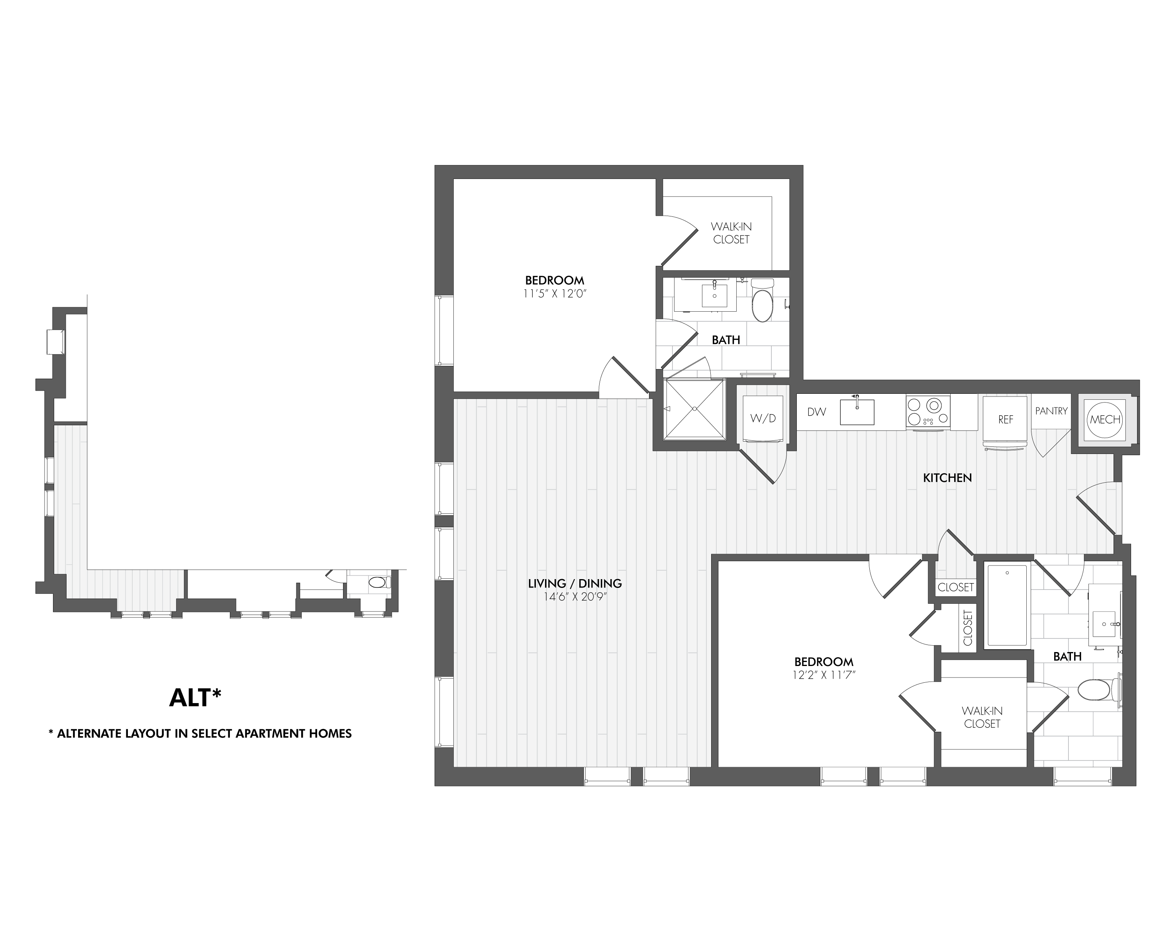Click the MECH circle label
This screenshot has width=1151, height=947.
(1104, 420)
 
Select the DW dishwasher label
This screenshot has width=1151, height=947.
(816, 412)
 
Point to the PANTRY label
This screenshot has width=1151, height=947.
(1051, 411)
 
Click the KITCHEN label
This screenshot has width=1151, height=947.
(947, 478)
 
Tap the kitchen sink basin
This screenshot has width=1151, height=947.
(857, 412)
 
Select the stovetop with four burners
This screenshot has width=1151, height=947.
(927, 412)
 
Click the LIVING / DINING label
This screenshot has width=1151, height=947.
(575, 583)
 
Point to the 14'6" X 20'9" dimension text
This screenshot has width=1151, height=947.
(575, 597)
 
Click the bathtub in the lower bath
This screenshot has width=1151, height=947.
(1006, 605)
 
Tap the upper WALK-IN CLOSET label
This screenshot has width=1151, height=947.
(731, 233)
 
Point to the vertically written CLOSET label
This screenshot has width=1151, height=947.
(968, 628)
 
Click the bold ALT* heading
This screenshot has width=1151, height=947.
(195, 698)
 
